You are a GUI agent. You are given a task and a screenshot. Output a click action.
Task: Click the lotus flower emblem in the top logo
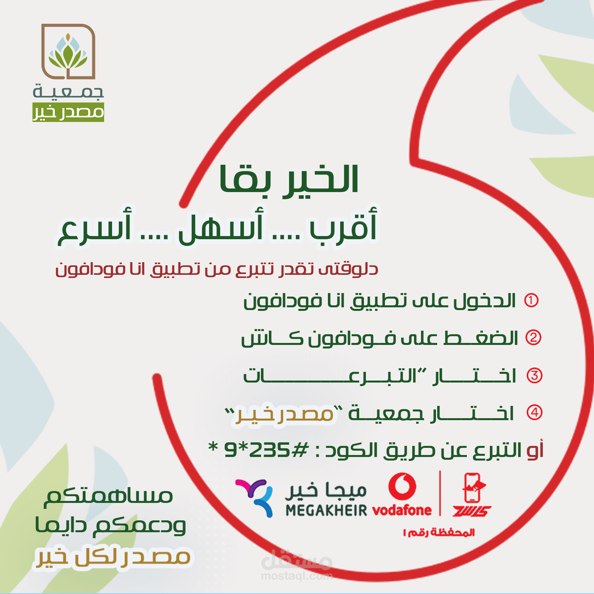68,53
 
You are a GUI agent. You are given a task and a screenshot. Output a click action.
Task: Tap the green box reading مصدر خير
68,112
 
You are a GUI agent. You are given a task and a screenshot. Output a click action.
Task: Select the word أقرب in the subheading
343,225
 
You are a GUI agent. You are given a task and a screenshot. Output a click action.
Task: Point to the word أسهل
221,225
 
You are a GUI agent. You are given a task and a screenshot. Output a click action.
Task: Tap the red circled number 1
531,301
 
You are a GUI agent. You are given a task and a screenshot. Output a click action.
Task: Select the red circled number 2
533,337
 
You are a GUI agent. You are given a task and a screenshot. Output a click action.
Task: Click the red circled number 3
534,375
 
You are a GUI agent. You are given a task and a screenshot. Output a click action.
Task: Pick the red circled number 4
534,413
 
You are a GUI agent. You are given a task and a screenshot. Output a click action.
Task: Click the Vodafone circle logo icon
402,487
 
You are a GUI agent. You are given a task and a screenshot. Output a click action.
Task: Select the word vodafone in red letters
402,510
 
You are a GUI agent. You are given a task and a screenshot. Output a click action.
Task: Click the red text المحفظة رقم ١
439,533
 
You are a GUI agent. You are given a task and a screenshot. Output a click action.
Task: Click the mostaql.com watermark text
297,576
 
